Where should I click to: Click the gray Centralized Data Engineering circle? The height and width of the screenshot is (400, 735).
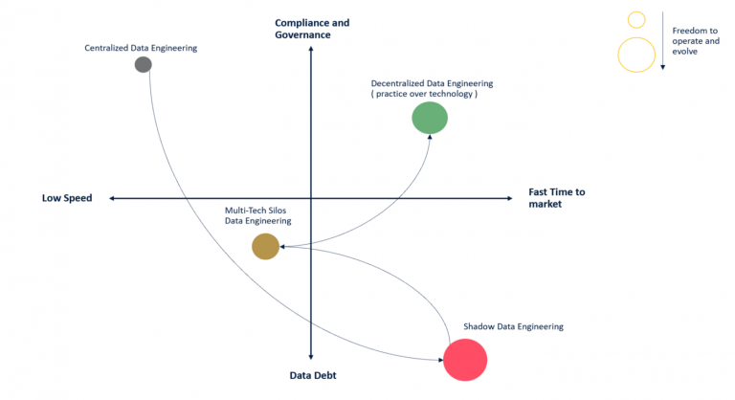click(144, 64)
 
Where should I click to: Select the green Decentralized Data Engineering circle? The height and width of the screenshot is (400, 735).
click(430, 118)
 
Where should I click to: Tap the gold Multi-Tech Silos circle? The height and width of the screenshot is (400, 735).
click(266, 246)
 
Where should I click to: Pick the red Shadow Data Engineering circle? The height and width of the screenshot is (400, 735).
click(465, 360)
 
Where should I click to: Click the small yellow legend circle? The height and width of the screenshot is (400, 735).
click(636, 20)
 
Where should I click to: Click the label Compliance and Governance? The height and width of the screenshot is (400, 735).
click(312, 29)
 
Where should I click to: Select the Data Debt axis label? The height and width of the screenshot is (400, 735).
click(313, 375)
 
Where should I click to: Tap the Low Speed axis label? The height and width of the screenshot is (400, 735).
click(67, 198)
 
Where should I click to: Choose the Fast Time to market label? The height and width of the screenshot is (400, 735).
click(557, 198)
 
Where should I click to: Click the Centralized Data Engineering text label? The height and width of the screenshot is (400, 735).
click(141, 48)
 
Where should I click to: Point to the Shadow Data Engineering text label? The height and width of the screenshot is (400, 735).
click(513, 326)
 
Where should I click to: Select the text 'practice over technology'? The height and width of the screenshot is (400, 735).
click(424, 94)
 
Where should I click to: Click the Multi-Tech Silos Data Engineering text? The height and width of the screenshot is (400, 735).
click(257, 215)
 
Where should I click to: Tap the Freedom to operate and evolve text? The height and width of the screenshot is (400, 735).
click(696, 41)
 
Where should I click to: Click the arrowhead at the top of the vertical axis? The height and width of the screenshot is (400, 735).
click(311, 49)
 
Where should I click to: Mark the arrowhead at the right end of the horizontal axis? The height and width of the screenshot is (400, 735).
click(510, 198)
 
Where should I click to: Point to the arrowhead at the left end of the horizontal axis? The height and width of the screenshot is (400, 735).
click(112, 198)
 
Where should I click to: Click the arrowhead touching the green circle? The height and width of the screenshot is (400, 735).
click(430, 137)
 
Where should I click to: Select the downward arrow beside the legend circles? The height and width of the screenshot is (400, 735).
click(663, 41)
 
